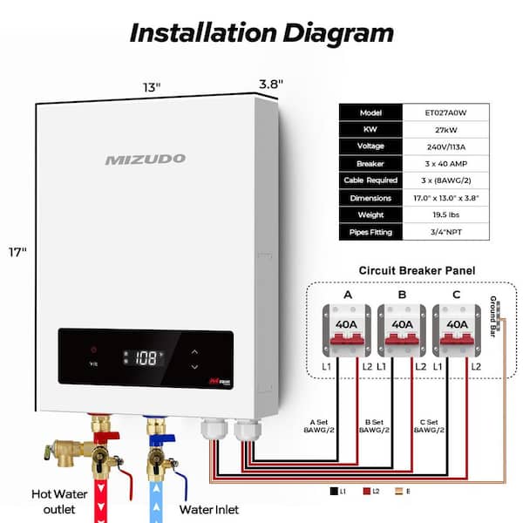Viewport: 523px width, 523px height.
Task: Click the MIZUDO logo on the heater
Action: [x=145, y=160]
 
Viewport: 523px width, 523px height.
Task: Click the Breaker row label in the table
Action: [x=370, y=164]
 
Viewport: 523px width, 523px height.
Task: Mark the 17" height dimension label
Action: [x=17, y=252]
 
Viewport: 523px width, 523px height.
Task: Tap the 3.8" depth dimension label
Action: [x=271, y=84]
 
